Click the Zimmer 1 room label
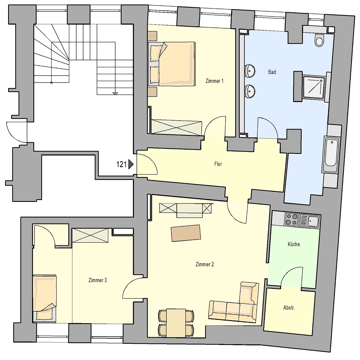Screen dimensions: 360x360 point(214,81)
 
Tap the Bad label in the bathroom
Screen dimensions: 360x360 point(272,72)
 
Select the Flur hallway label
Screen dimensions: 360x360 point(218,164)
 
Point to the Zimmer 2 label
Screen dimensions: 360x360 point(205,264)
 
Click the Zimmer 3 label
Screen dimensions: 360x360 point(97,280)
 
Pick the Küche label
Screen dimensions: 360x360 point(294,244)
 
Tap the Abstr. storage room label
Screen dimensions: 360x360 point(289,307)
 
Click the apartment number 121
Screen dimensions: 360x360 point(121,164)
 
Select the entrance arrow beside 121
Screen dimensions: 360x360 point(131,165)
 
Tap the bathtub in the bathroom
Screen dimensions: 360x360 point(331,154)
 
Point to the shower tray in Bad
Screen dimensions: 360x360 point(314,87)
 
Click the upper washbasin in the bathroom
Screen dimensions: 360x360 point(250,71)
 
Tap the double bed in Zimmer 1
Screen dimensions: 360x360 point(172,64)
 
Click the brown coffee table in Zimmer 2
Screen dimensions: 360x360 point(186,233)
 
